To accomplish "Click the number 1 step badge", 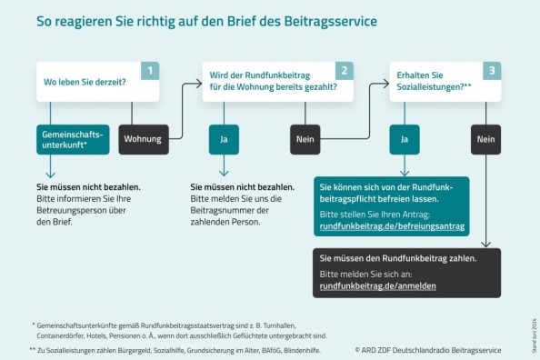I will tap(150, 70).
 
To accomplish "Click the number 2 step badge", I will tap(343, 70).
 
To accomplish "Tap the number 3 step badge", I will tap(491, 70).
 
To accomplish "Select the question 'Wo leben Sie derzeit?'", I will tap(85, 82).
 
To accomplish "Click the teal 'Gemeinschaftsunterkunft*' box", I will tap(72, 139).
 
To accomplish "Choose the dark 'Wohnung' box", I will tap(142, 139).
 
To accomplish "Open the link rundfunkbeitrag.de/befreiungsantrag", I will tap(391, 225).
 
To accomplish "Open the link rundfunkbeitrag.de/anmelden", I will tap(377, 285).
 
